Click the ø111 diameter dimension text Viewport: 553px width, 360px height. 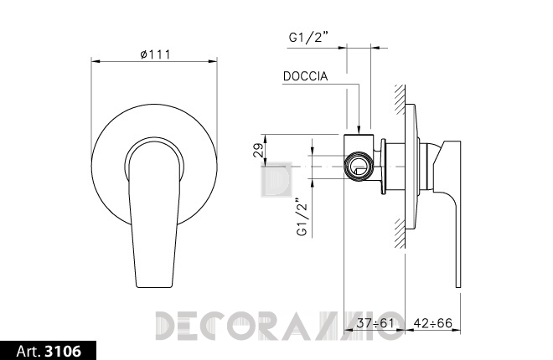click(x=155, y=54)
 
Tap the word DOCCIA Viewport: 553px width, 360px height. click(x=306, y=76)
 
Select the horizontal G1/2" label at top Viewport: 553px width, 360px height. click(x=308, y=37)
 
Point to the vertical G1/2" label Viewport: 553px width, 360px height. click(x=302, y=217)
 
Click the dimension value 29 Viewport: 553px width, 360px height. click(x=259, y=150)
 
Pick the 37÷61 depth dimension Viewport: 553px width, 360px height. click(x=375, y=322)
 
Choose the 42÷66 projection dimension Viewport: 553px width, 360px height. click(x=433, y=322)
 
